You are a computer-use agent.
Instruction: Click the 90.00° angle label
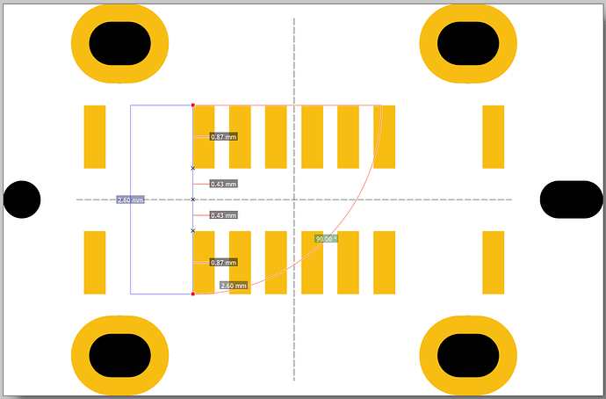pos(326,238)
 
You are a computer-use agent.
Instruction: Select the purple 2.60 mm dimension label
pos(130,200)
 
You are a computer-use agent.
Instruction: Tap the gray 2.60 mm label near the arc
pos(234,286)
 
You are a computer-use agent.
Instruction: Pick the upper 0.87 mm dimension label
pos(224,137)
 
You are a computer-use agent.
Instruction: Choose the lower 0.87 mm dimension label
pos(224,263)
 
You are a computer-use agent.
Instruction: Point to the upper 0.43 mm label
pos(224,184)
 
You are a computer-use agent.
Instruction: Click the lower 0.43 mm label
pos(224,215)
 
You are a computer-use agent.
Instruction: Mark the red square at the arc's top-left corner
pos(193,105)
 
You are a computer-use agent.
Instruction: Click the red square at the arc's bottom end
pos(193,294)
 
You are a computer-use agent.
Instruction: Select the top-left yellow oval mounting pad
pos(119,43)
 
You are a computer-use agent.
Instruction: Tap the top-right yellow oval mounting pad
pos(468,43)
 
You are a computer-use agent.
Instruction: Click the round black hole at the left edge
pos(22,199)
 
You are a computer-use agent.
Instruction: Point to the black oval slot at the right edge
pos(571,199)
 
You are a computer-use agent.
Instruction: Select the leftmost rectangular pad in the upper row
pos(95,136)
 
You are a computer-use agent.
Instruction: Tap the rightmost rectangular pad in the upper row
pos(494,136)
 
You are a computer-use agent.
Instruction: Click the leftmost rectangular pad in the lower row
pos(95,263)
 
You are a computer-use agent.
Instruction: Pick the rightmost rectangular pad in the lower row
pos(494,263)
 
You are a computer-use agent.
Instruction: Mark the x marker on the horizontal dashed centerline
pos(193,199)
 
